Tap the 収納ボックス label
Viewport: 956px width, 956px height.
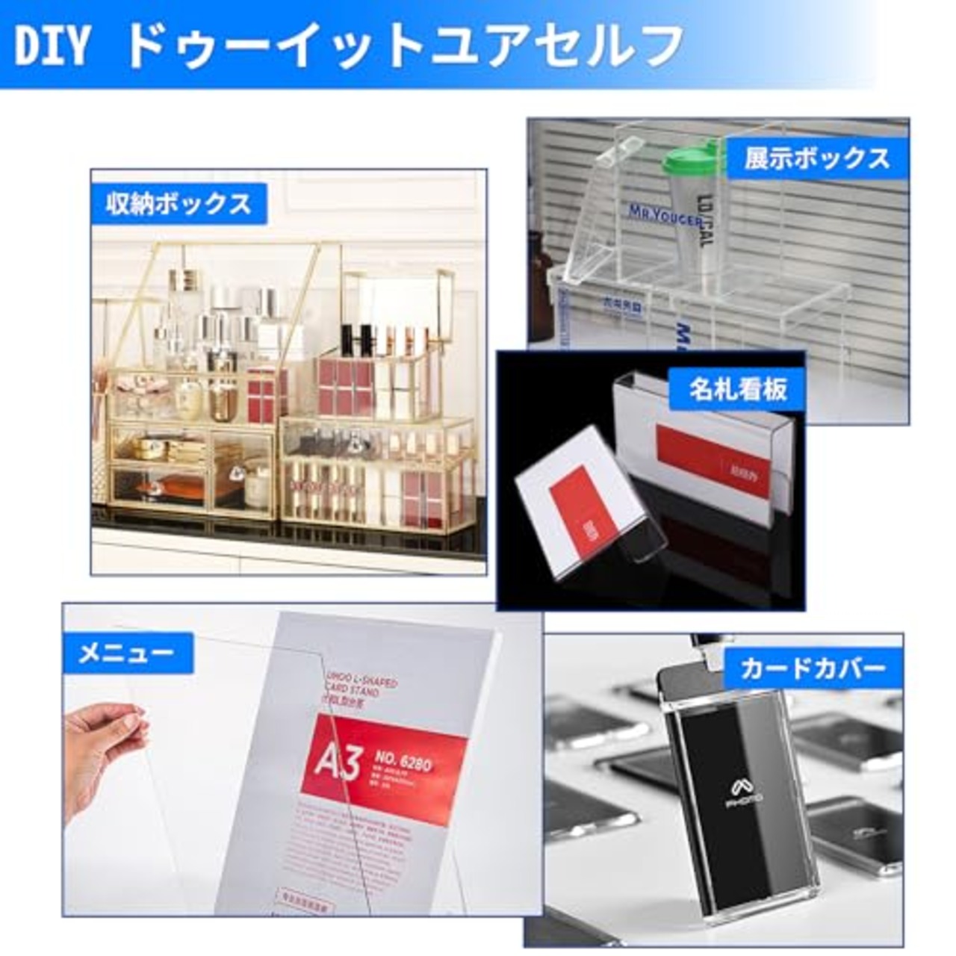179,204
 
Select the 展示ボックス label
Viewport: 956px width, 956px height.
817,158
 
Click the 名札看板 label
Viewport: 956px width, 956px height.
738,389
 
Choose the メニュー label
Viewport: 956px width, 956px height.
126,654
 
